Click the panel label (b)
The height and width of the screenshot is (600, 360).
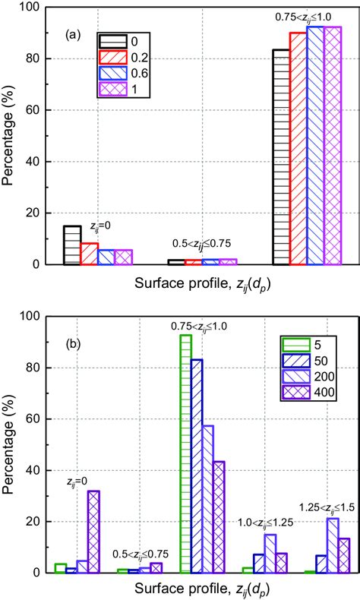point(74,342)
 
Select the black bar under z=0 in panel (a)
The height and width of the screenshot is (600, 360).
point(72,245)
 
